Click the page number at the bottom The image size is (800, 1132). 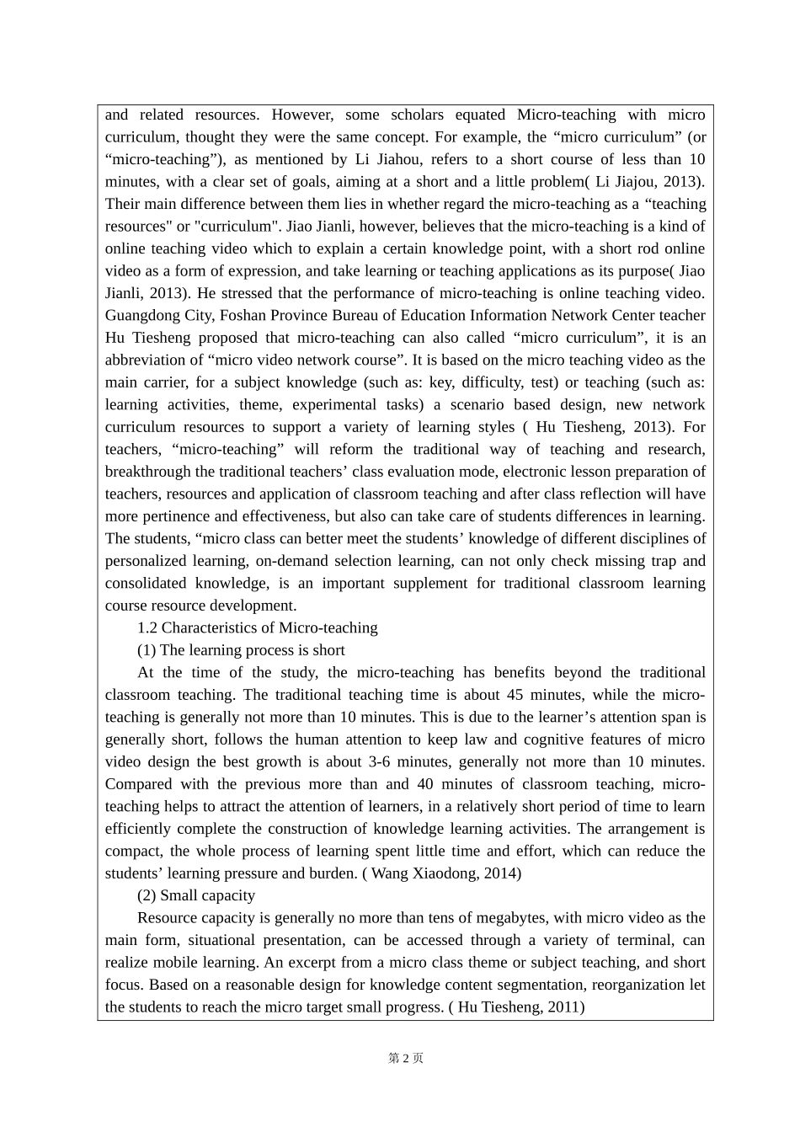405,1058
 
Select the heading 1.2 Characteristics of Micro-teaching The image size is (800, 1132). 257,627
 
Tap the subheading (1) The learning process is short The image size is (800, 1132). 241,650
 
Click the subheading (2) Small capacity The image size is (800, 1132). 195,895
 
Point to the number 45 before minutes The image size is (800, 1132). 515,695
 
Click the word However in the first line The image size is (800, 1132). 302,115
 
